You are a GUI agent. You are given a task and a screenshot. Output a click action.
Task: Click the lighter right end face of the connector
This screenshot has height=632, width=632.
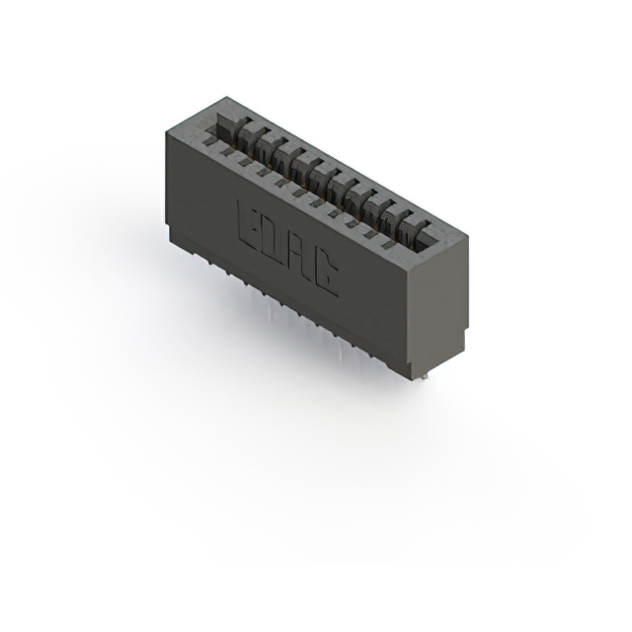click(x=436, y=306)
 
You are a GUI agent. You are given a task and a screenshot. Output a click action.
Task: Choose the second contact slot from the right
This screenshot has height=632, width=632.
click(x=401, y=222)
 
